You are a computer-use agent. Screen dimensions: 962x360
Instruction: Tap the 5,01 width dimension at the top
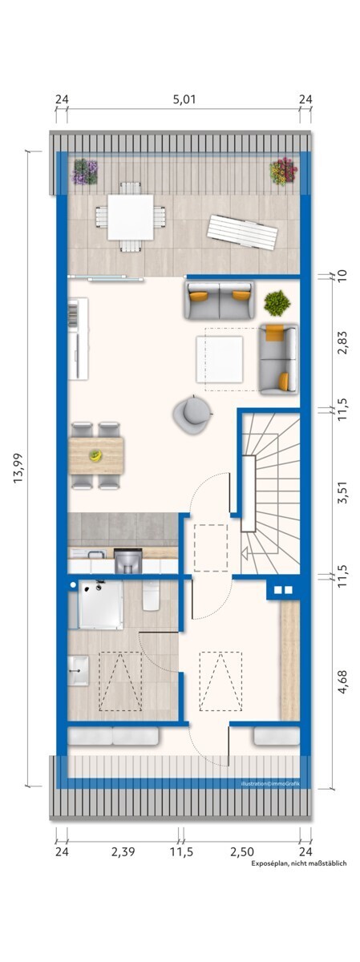[184, 100]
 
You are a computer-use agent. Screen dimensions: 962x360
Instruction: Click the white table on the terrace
[131, 216]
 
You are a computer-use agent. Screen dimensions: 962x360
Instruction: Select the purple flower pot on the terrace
[84, 171]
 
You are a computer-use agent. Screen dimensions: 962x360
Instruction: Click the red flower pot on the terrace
[282, 171]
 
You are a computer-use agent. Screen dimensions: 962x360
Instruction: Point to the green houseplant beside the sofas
[277, 303]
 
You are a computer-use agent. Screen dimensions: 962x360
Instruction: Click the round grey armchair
[192, 414]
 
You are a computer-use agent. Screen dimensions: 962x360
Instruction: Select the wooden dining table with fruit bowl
[96, 455]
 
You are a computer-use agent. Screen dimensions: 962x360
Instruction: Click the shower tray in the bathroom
[100, 604]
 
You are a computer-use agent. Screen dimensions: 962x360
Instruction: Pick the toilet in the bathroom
[152, 596]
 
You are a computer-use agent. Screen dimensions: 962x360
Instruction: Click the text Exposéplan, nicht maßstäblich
[298, 863]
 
